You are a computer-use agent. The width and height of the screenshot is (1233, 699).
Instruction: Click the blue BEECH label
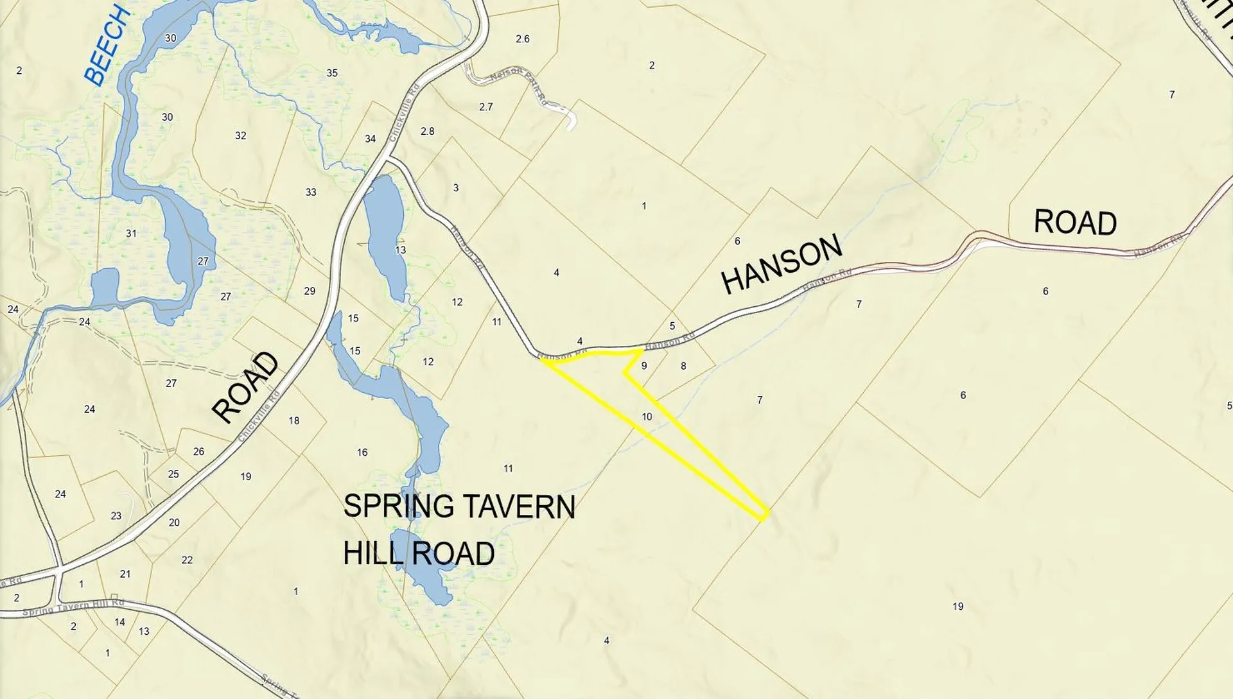click(107, 45)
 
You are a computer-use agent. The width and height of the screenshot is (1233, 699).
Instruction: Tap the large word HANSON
click(782, 264)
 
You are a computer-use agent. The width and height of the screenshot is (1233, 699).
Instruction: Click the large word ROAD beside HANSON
click(1075, 223)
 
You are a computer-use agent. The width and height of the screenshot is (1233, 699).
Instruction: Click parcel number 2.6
click(523, 39)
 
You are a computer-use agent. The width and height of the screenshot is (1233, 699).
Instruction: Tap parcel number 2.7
click(486, 107)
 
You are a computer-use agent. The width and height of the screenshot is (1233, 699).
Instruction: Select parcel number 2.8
click(428, 132)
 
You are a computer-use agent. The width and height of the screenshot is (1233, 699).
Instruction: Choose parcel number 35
click(332, 73)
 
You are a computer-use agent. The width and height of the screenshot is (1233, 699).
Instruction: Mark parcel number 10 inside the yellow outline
click(647, 417)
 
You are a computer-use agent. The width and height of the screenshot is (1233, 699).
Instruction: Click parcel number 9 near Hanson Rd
click(644, 366)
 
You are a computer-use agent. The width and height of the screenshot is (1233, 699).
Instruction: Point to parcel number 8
click(683, 366)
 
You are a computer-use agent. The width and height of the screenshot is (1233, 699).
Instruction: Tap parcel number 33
click(311, 192)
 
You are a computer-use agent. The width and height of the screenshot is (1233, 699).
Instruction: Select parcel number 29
click(310, 291)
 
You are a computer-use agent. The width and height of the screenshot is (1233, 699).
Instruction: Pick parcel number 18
click(294, 421)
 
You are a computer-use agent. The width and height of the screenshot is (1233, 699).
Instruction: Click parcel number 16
click(362, 453)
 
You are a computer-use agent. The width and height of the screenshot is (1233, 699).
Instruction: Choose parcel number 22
click(187, 560)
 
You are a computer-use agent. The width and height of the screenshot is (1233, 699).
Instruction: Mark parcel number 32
click(241, 135)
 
